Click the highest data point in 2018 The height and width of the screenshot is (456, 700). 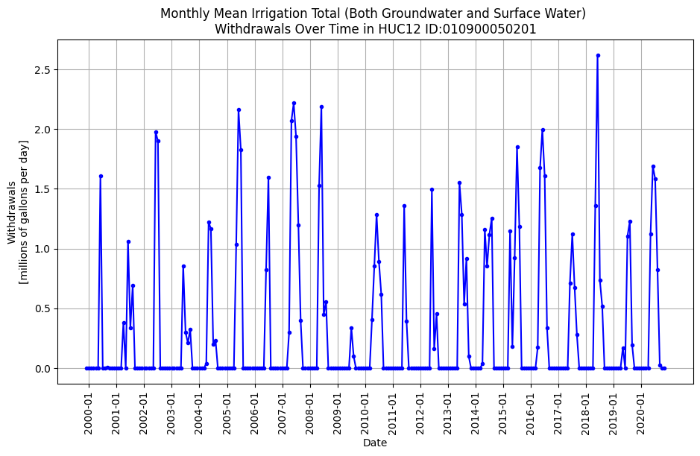(x=598, y=55)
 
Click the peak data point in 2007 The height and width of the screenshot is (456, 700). (x=294, y=103)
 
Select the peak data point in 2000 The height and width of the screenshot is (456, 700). (x=101, y=176)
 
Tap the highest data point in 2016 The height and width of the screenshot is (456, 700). (x=543, y=130)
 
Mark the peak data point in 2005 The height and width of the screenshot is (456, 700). (x=239, y=110)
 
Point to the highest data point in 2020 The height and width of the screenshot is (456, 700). (x=653, y=166)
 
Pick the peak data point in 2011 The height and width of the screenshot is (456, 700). (x=404, y=206)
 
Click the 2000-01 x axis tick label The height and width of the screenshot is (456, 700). (x=89, y=410)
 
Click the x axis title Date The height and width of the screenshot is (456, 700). (x=375, y=443)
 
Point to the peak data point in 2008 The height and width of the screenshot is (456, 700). (x=321, y=107)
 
